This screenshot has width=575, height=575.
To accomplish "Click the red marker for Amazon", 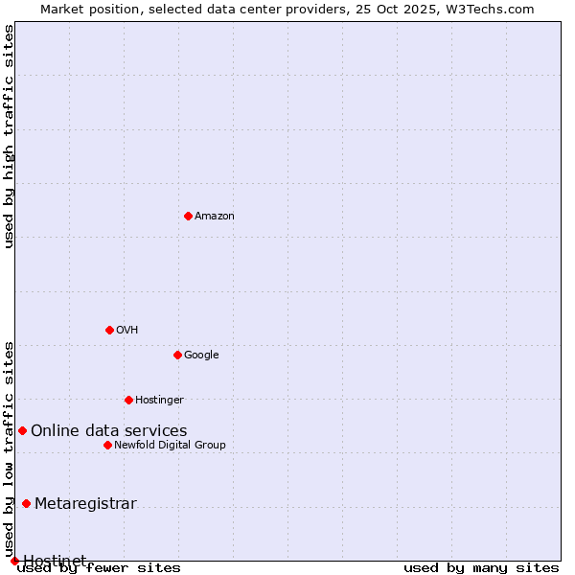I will point(188,216).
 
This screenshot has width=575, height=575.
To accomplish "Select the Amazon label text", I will point(215,217).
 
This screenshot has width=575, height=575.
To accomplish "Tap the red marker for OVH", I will point(109,330).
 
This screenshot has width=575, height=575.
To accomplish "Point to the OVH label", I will point(127,331).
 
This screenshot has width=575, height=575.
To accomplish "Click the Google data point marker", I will point(177,355).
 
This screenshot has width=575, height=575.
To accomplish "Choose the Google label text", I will point(201,356).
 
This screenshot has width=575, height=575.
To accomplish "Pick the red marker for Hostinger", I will point(128,400).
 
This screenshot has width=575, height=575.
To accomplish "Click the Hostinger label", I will point(159,401).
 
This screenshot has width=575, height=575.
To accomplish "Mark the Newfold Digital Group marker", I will point(107,445).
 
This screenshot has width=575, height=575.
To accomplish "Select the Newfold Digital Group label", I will point(170,446).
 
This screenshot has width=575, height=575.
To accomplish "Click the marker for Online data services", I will point(22,430).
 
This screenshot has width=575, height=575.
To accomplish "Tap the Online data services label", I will point(108,431).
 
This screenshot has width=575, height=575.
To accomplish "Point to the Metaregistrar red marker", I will point(26,503).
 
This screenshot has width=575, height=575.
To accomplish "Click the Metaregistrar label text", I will point(85,504).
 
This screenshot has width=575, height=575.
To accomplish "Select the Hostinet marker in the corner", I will point(14,561).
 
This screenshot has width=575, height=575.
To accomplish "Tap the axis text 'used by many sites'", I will point(481,568).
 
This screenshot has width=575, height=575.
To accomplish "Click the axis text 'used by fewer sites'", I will point(99,568).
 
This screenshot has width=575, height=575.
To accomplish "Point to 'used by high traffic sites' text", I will point(10,136).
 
